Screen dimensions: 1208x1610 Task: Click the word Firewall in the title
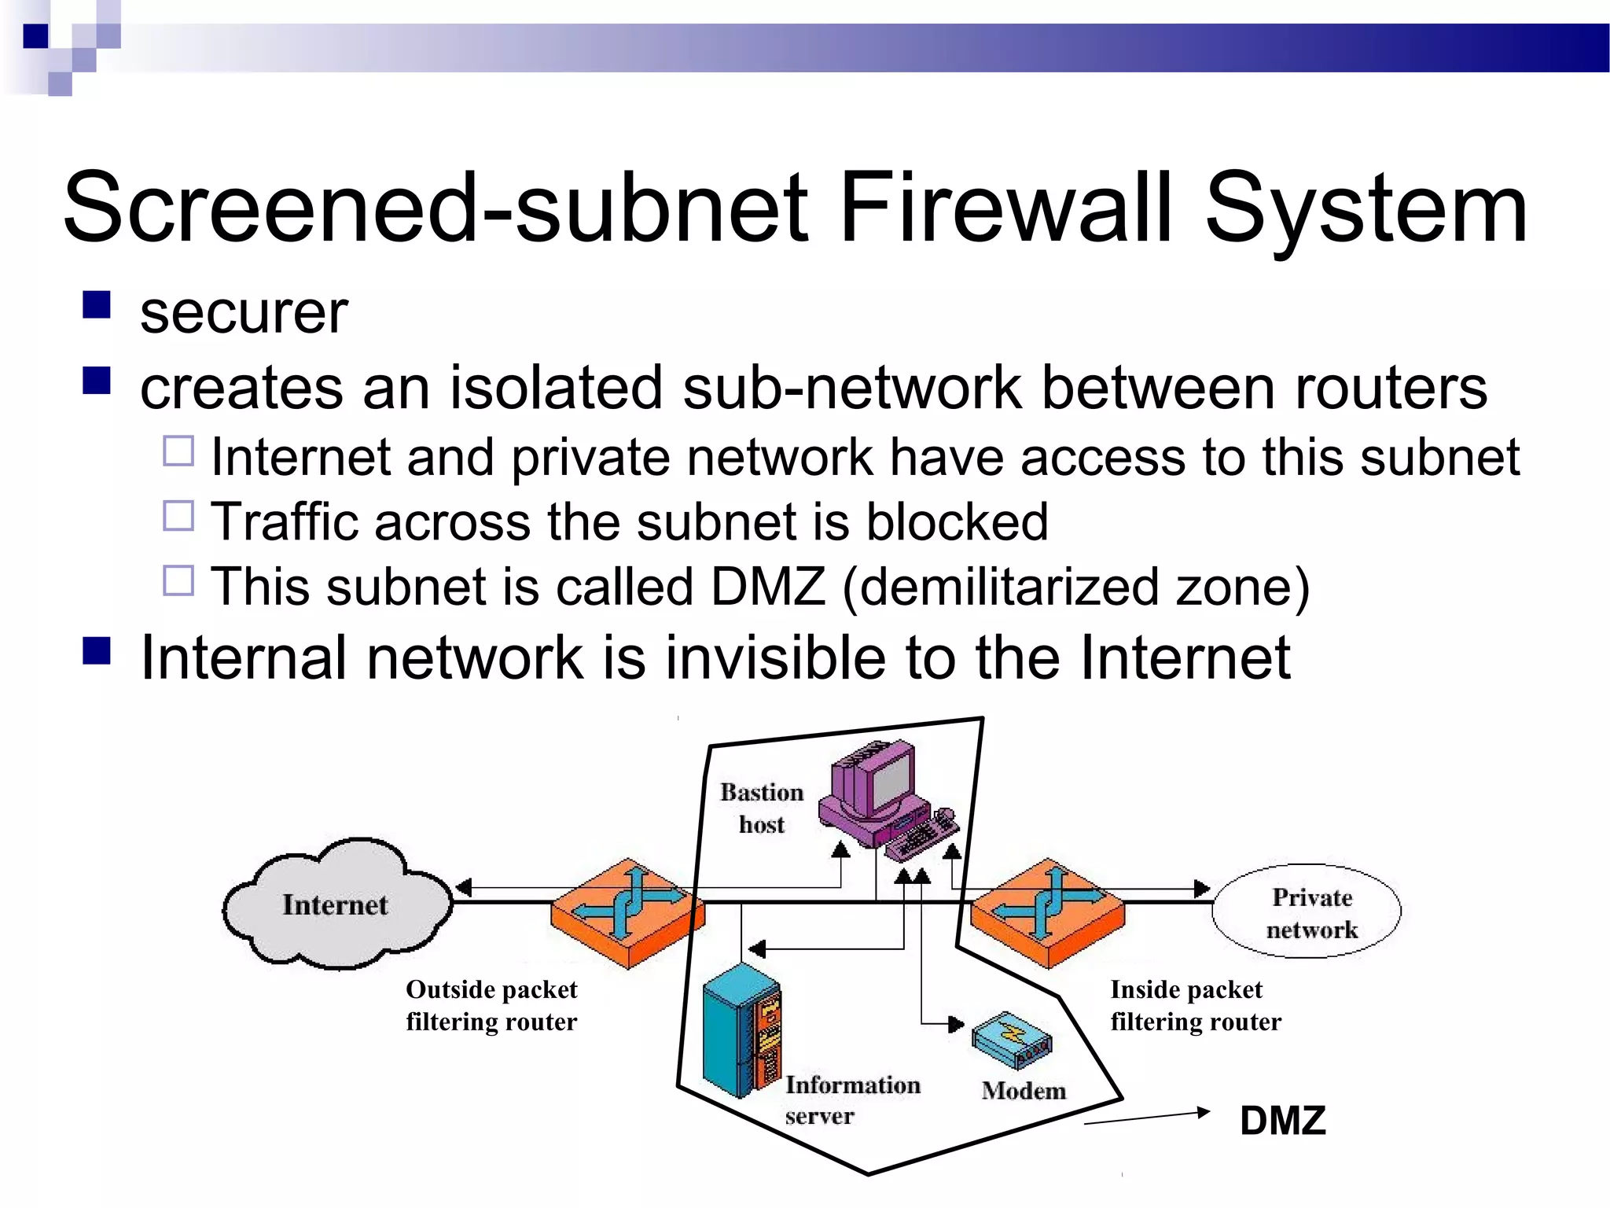point(1006,208)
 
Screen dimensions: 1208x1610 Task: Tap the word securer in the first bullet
point(244,313)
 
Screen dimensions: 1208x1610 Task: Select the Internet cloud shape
point(336,904)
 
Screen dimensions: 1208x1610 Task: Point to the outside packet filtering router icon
point(627,912)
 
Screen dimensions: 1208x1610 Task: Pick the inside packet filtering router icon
point(1048,912)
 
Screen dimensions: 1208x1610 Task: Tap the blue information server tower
point(739,1030)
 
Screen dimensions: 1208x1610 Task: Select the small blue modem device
point(1010,1040)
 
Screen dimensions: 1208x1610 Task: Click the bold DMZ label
point(1282,1120)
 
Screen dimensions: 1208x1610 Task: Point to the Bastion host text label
point(761,808)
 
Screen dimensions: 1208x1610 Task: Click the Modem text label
point(1024,1091)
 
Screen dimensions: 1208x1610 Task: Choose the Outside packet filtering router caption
point(491,1005)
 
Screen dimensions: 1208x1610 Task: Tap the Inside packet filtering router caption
point(1195,1005)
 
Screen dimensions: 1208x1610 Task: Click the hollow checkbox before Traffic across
point(178,517)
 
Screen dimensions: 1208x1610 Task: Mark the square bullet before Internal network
point(97,651)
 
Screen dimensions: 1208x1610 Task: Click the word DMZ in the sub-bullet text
point(767,587)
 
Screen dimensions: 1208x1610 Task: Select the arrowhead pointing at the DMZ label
point(1202,1112)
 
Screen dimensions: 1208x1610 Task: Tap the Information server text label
point(851,1099)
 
